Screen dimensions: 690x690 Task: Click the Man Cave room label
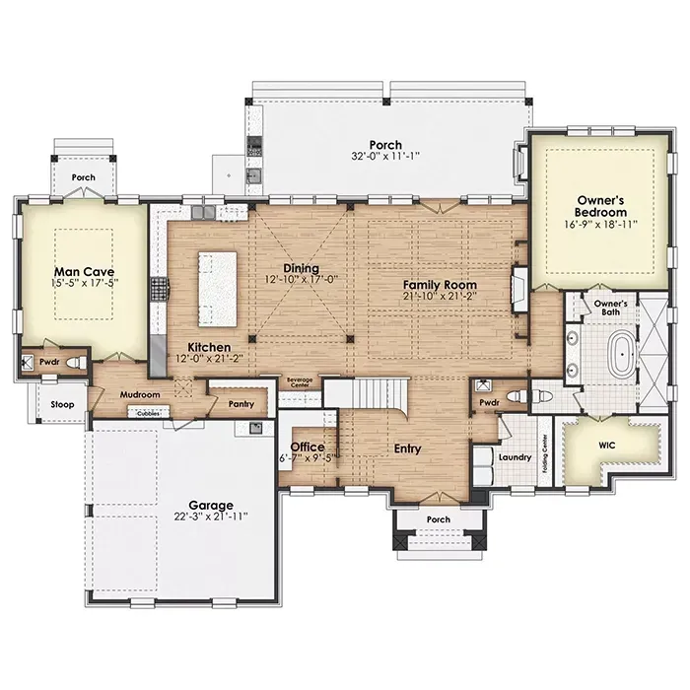(x=84, y=271)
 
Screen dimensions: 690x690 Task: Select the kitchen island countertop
(x=218, y=289)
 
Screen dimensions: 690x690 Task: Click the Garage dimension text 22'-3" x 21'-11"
(x=211, y=516)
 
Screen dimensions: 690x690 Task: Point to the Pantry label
(x=241, y=403)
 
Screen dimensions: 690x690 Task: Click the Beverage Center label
(x=300, y=382)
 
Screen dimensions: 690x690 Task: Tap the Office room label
(x=308, y=448)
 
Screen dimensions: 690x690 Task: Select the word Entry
(x=407, y=448)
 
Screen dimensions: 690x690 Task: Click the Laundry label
(x=515, y=457)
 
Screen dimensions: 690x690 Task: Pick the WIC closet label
(x=607, y=446)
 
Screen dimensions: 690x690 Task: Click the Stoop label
(x=62, y=404)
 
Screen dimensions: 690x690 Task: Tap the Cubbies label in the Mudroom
(x=148, y=414)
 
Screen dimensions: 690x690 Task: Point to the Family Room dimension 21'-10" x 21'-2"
(x=440, y=296)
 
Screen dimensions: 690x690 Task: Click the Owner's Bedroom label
(x=600, y=206)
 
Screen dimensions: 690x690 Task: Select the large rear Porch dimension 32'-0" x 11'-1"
(x=385, y=156)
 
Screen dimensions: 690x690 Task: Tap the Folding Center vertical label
(x=545, y=453)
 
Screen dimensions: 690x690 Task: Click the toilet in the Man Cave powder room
(x=76, y=363)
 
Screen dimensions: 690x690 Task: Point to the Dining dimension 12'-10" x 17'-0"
(x=301, y=279)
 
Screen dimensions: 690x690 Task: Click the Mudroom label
(x=140, y=394)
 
